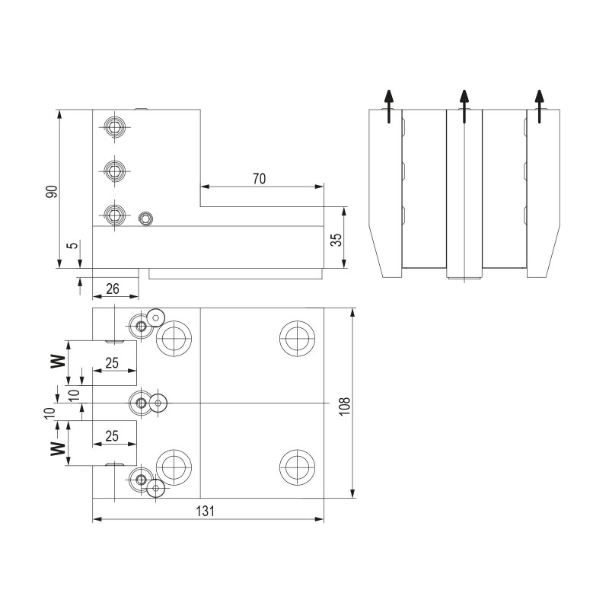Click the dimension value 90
tap(52, 190)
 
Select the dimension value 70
tap(259, 179)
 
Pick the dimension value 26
tap(113, 289)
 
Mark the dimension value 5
tap(71, 246)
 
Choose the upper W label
tap(57, 360)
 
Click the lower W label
tap(57, 447)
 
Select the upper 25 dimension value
tap(112, 364)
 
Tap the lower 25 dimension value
tap(112, 436)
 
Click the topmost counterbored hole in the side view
tap(114, 126)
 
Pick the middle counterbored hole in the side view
tap(114, 171)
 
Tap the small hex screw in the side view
tap(145, 219)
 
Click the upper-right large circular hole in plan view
tap(295, 337)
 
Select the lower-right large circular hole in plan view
tap(295, 466)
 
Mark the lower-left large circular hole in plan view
tap(174, 466)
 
